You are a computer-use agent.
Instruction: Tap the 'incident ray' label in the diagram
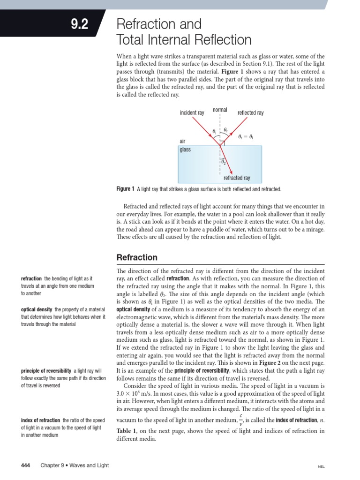tap(192, 113)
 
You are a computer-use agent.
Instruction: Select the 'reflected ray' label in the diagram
tap(251, 113)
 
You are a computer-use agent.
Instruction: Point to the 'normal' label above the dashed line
tap(220, 110)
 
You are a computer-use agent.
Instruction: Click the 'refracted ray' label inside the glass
tap(237, 178)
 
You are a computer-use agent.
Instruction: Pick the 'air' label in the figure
tap(183, 141)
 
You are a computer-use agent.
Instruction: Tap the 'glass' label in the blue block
tap(186, 150)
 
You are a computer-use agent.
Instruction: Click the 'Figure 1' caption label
tap(125, 189)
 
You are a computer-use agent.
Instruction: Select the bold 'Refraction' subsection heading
tap(137, 258)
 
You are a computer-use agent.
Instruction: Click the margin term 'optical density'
tap(37, 310)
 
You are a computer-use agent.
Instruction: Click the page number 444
tap(26, 465)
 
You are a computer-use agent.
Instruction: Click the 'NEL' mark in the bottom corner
tap(322, 466)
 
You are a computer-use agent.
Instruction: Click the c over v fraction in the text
tap(240, 419)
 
